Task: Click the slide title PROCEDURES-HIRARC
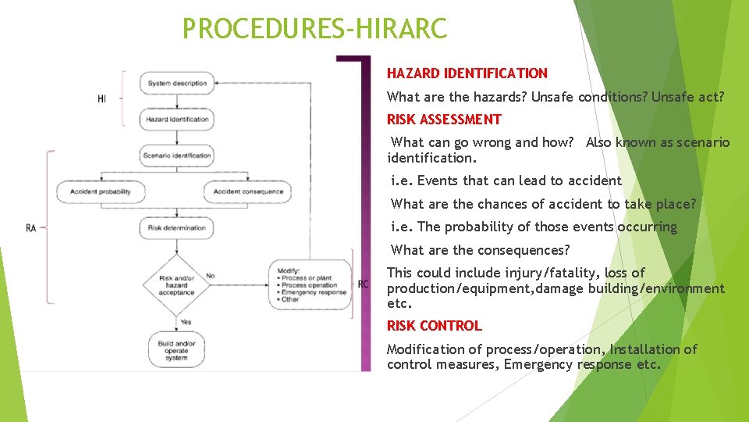click(314, 29)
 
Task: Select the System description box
click(177, 84)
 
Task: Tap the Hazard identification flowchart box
click(177, 120)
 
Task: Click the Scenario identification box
click(177, 156)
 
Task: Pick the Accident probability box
click(101, 191)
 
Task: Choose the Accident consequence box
click(248, 191)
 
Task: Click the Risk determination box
click(177, 228)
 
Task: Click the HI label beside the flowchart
click(102, 99)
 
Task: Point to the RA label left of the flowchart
click(31, 228)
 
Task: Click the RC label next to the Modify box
click(363, 284)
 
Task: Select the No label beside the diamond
click(210, 276)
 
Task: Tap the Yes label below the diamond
click(186, 321)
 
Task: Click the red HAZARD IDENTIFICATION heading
click(467, 73)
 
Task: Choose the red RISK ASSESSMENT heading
click(444, 120)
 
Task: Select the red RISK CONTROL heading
click(434, 326)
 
